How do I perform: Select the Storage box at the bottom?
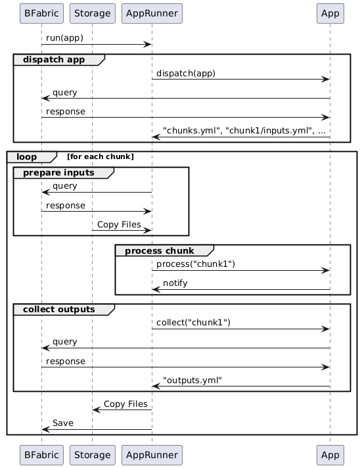click(x=92, y=454)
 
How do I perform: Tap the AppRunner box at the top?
click(x=152, y=12)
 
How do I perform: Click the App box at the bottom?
click(x=330, y=454)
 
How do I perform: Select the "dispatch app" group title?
click(x=55, y=60)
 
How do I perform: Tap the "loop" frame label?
click(x=27, y=156)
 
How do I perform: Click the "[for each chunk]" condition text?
click(x=101, y=156)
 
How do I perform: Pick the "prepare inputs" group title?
click(x=59, y=172)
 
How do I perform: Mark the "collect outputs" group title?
click(x=59, y=309)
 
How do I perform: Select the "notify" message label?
click(x=175, y=283)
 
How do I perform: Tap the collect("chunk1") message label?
click(x=193, y=323)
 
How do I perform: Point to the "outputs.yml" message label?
click(x=192, y=381)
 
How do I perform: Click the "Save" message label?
click(x=64, y=422)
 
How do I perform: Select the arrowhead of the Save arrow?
click(x=45, y=429)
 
